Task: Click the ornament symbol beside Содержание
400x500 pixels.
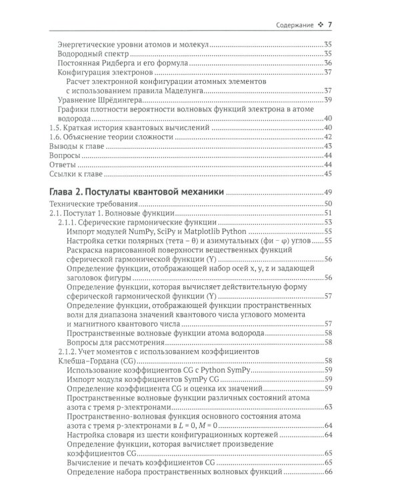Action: point(321,25)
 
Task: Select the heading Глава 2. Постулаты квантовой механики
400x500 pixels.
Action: point(137,192)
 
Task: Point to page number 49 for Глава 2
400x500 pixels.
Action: point(327,192)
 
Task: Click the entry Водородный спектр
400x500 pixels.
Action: point(95,53)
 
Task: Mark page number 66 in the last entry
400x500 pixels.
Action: point(327,473)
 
